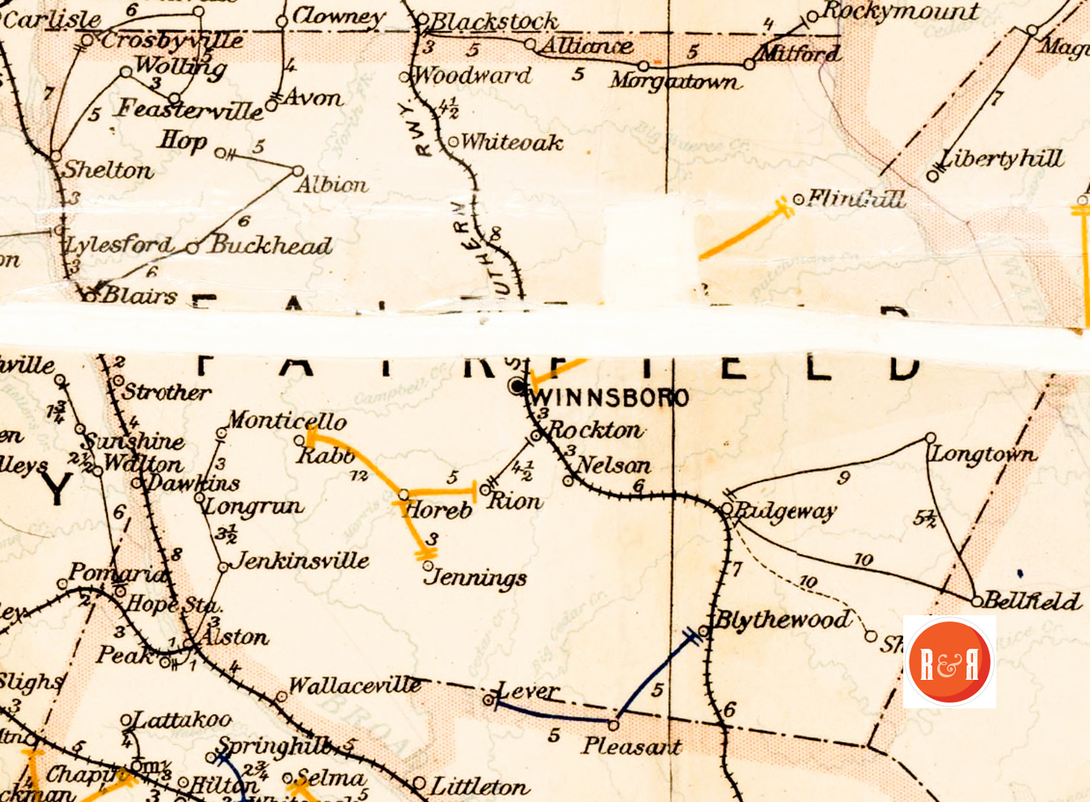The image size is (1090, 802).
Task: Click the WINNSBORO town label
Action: [609, 398]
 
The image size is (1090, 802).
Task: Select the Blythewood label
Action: [783, 620]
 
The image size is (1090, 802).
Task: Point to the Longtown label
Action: [984, 455]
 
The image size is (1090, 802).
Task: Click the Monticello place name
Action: [287, 421]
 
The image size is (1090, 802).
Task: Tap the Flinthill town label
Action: [857, 198]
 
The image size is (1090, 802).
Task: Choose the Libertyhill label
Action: [1001, 159]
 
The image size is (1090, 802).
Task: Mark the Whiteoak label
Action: [512, 142]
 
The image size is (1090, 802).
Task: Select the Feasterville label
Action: [190, 110]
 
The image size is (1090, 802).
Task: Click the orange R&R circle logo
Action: [949, 662]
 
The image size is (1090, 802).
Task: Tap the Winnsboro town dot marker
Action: [517, 386]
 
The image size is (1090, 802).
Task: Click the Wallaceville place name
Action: [355, 686]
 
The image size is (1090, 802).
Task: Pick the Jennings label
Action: [476, 578]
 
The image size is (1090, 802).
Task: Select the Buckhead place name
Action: [271, 246]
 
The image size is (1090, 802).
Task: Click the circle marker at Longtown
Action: [930, 438]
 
